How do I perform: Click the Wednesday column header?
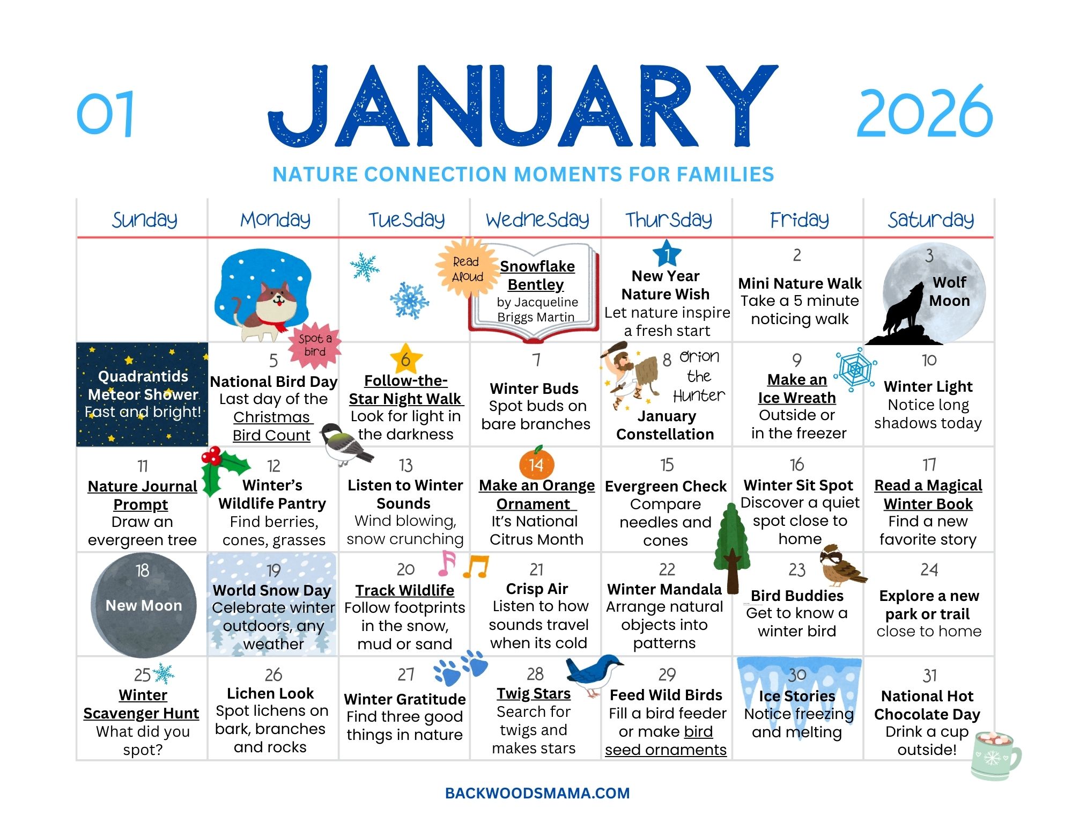[x=537, y=219]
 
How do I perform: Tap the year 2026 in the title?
[x=925, y=113]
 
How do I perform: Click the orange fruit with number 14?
[x=536, y=464]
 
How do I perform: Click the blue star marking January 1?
[x=667, y=254]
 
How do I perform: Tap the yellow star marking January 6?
[x=405, y=359]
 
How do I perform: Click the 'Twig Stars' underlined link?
[x=533, y=693]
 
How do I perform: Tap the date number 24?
[x=929, y=569]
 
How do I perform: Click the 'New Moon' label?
[x=143, y=605]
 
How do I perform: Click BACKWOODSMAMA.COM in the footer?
[x=537, y=793]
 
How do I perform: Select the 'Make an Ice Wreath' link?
[x=797, y=388]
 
